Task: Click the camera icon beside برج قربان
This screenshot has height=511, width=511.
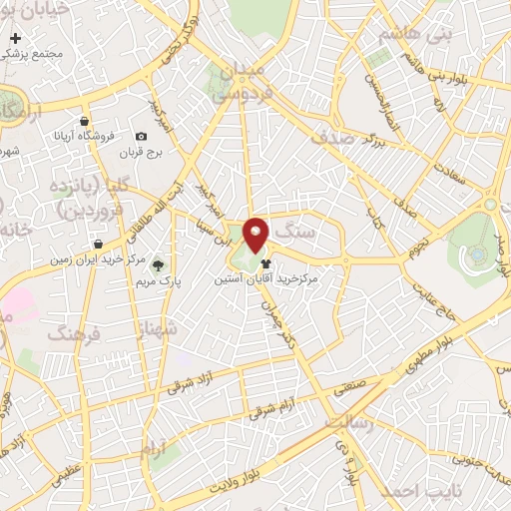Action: pos(141,137)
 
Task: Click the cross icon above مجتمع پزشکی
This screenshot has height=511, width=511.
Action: pos(14,38)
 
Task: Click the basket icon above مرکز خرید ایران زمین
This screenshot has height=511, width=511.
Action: pos(98,244)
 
